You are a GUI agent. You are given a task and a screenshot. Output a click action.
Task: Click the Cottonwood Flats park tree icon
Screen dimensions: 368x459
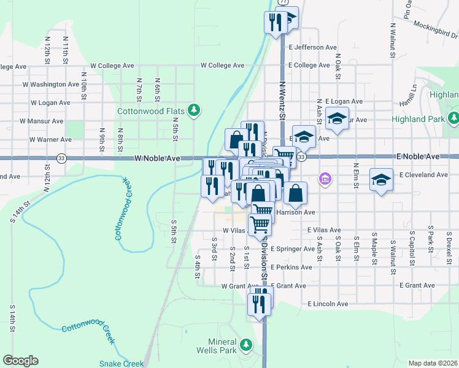coord(194,110)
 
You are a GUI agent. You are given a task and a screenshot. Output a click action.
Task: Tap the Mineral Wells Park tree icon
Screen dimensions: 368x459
coord(246,344)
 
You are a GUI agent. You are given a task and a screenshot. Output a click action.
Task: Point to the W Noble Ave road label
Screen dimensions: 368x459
coord(157,158)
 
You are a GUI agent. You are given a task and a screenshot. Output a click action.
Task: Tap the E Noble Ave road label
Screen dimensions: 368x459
coord(418,157)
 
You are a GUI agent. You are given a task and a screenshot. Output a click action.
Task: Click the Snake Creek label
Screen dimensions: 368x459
coord(121,363)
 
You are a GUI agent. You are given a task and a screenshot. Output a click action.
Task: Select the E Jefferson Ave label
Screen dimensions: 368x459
coord(313,47)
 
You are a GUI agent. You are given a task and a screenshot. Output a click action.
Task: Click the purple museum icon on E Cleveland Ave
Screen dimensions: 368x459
coord(325,179)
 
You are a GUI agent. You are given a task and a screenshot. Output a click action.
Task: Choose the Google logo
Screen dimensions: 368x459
coord(20,361)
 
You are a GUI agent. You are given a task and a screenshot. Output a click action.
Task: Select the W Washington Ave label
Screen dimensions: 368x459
coord(51,84)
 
